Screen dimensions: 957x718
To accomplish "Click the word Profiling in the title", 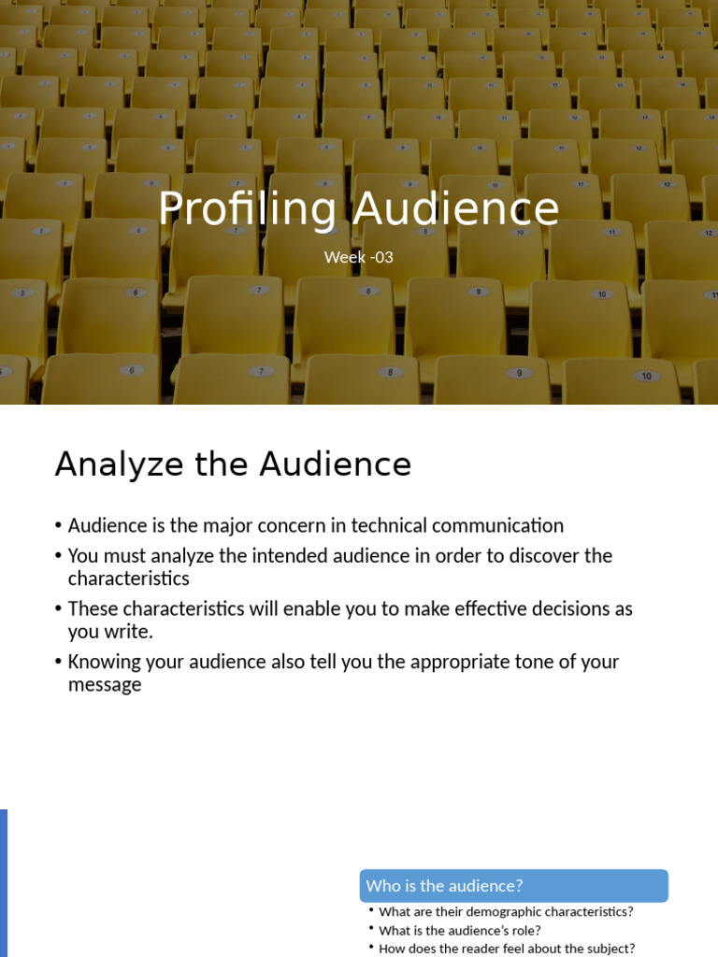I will point(246,208).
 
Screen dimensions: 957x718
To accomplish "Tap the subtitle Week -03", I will point(358,257).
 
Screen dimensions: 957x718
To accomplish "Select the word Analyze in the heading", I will point(120,464).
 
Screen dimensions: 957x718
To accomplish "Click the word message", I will point(105,685).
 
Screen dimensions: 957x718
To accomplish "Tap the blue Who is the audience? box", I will point(513,886).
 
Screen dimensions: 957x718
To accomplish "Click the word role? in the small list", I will point(524,931).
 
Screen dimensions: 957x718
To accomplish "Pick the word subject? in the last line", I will point(609,949).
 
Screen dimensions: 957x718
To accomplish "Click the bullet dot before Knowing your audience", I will point(59,663).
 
